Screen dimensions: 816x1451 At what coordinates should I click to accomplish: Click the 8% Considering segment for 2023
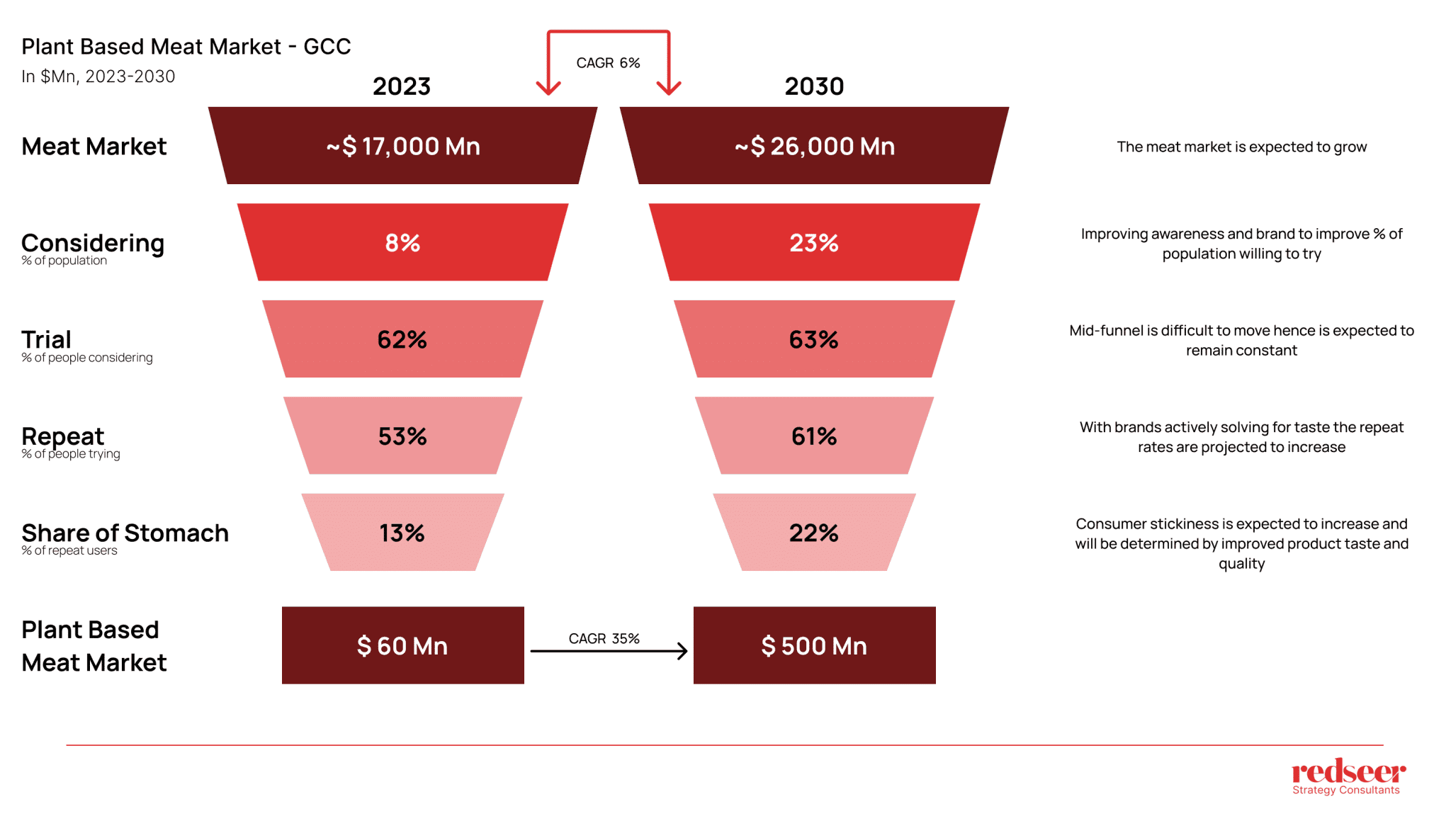tap(402, 243)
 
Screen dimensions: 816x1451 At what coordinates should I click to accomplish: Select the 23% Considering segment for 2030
tap(814, 243)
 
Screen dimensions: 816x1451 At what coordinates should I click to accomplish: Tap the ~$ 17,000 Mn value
tap(403, 147)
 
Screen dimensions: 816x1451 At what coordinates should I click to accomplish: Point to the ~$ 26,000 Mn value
tap(815, 147)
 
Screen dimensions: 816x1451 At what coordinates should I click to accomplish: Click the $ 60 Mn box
tap(402, 645)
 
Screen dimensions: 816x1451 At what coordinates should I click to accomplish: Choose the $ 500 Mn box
tap(814, 645)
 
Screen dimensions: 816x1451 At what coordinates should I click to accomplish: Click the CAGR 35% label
tap(604, 638)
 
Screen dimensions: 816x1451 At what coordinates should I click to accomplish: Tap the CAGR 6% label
tap(608, 63)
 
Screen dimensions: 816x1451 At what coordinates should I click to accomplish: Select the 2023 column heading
tap(402, 86)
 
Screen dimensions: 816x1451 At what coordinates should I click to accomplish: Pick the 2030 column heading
tap(814, 86)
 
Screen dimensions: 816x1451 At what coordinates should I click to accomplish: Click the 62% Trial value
tap(402, 340)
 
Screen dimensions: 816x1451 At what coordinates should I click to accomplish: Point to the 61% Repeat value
tap(814, 436)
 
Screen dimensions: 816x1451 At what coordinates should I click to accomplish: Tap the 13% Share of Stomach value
tap(402, 533)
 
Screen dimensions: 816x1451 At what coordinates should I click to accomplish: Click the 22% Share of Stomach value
tap(814, 533)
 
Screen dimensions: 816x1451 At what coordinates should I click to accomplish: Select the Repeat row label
tap(62, 436)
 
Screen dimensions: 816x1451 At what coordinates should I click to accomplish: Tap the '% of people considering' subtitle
tap(86, 358)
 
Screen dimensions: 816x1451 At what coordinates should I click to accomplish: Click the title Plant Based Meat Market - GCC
tap(186, 47)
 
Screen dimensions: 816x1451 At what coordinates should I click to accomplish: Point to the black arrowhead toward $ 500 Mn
tap(682, 651)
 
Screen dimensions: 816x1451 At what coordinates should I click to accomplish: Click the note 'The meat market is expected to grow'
tap(1241, 147)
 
